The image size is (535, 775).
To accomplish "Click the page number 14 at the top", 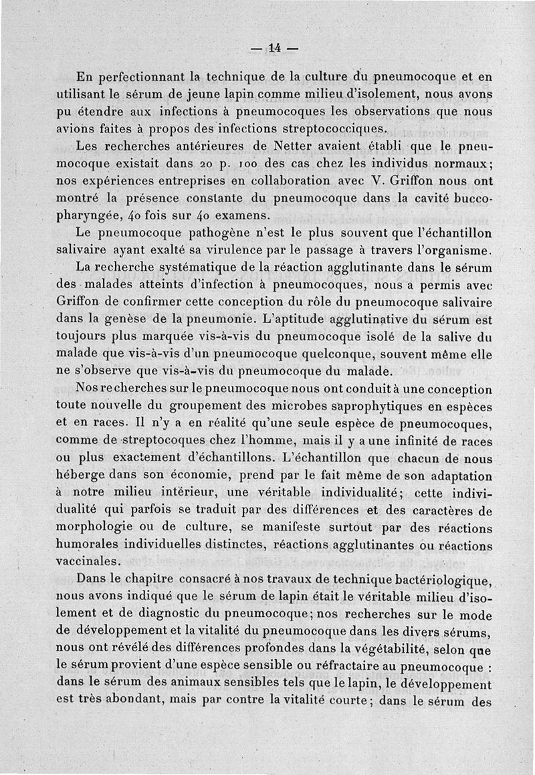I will point(274,47).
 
